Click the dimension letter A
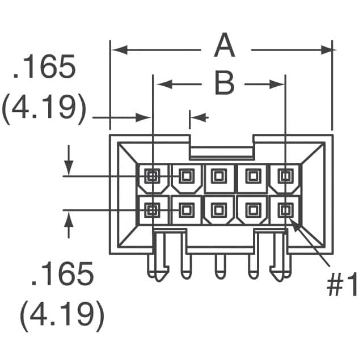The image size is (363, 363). coord(225,47)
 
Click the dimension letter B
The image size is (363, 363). coord(224,84)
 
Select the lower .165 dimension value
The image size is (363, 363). coord(62,275)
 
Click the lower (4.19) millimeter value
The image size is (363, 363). coord(62,313)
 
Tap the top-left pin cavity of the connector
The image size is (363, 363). coord(152,176)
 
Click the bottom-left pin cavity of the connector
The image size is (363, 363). coord(152,210)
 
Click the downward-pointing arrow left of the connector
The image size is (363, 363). coord(69,167)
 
